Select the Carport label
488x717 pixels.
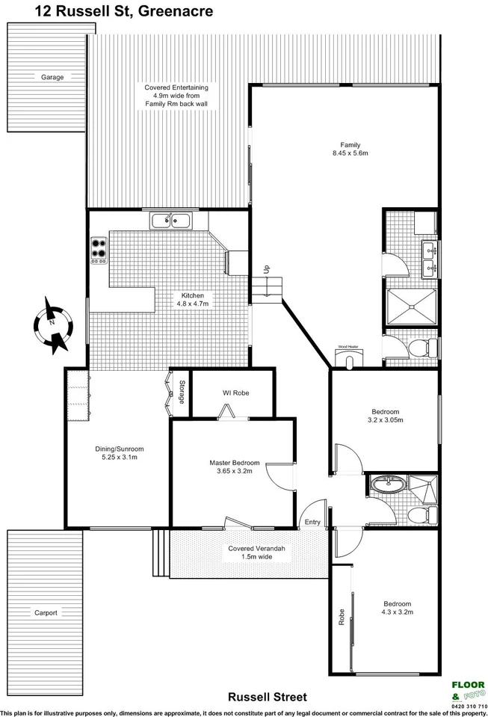click(x=46, y=612)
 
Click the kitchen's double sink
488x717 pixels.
click(x=171, y=221)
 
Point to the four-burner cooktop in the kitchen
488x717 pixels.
click(x=99, y=247)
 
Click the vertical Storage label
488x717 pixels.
click(x=182, y=393)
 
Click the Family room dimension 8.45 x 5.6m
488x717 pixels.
click(x=350, y=154)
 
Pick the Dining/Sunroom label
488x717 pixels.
click(x=119, y=449)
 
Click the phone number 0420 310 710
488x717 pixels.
click(x=468, y=705)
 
